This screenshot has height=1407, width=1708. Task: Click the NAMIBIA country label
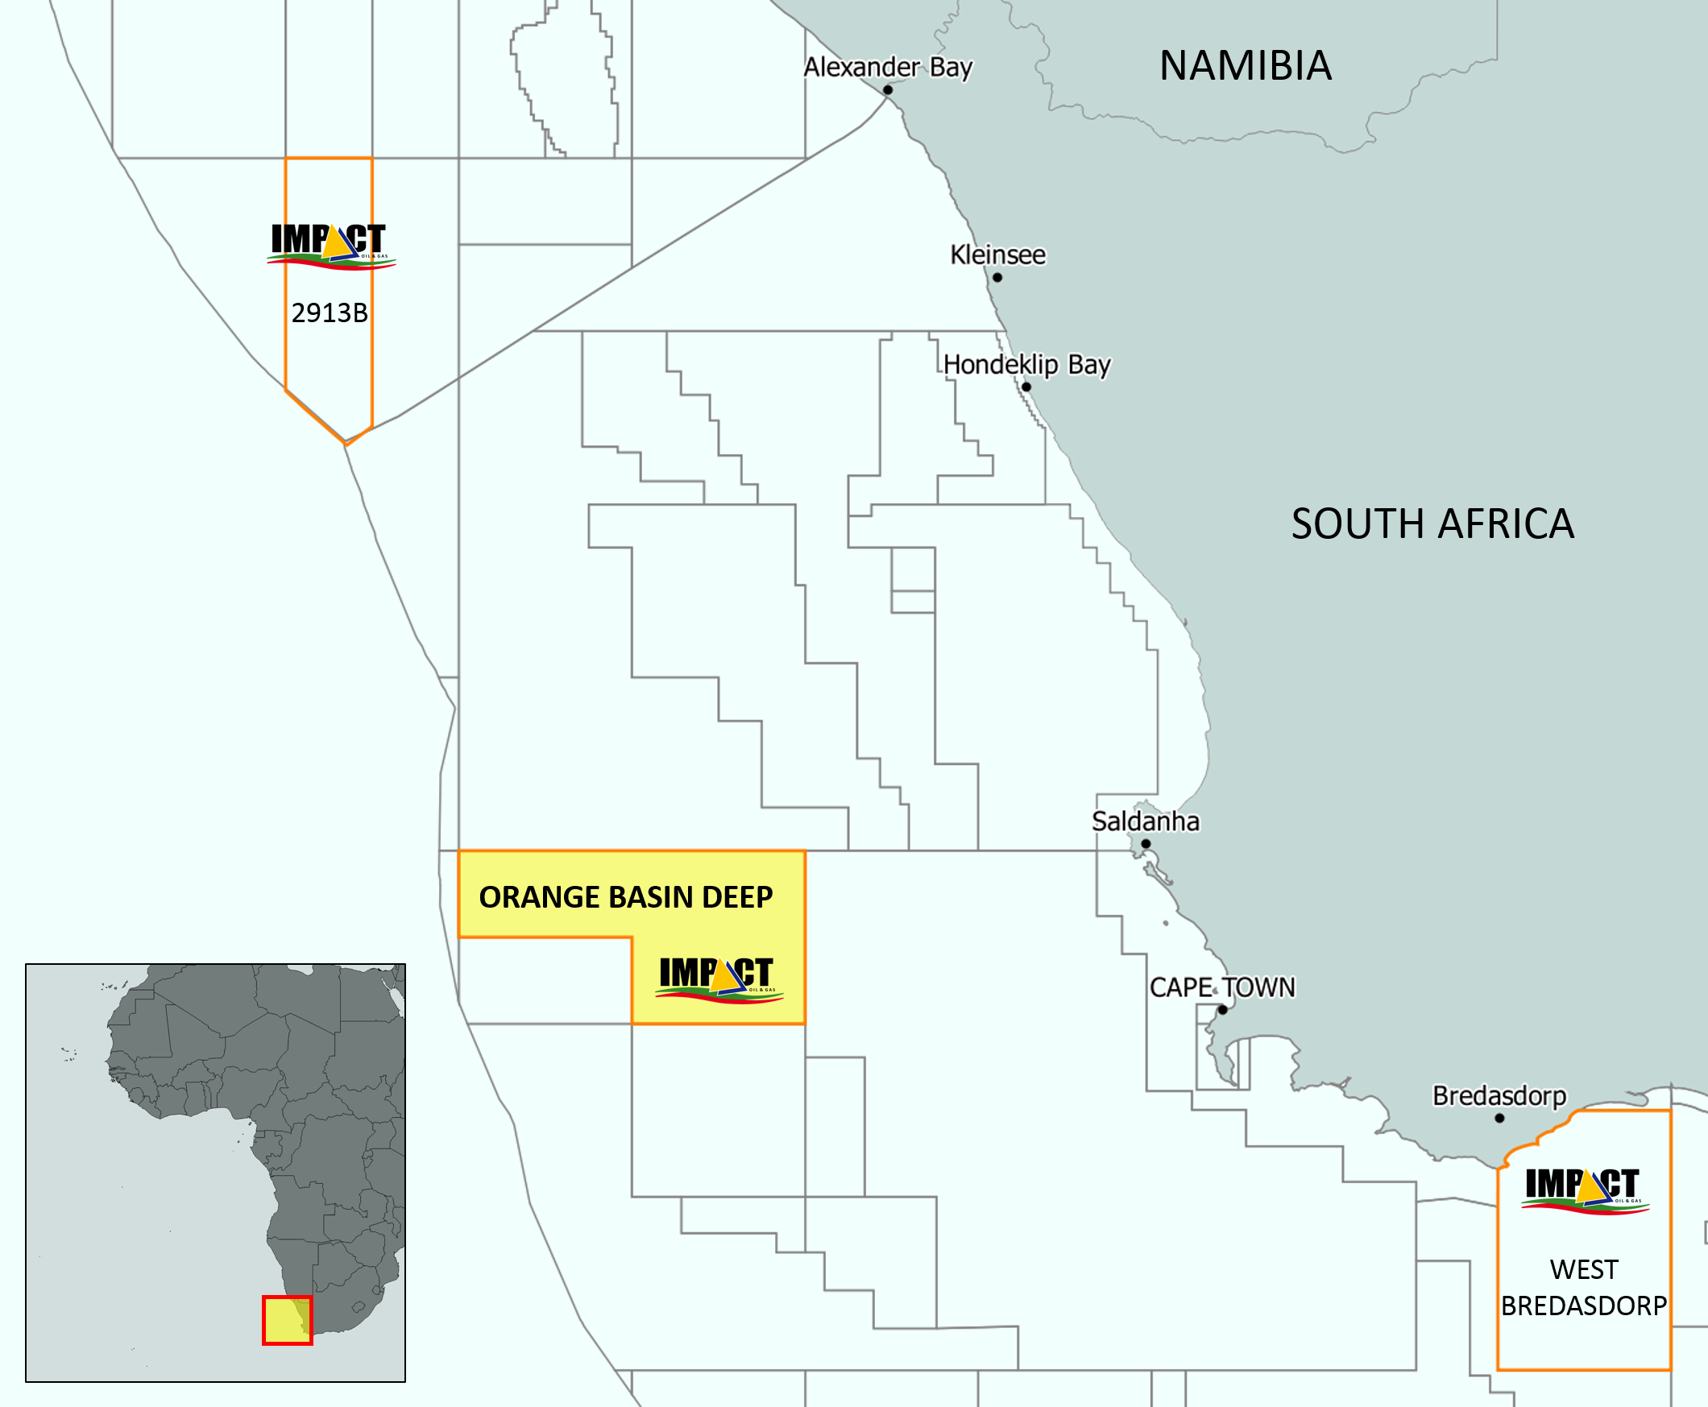pyautogui.click(x=1245, y=66)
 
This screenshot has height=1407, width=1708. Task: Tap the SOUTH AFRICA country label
pyautogui.click(x=1432, y=523)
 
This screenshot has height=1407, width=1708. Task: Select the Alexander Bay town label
pyautogui.click(x=888, y=68)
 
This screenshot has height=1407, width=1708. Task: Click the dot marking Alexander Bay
pyautogui.click(x=888, y=90)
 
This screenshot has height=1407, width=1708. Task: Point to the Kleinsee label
pyautogui.click(x=997, y=255)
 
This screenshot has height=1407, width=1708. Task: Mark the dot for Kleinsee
pyautogui.click(x=997, y=277)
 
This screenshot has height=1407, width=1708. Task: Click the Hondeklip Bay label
pyautogui.click(x=1026, y=365)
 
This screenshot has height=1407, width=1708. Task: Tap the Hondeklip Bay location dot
pyautogui.click(x=1026, y=387)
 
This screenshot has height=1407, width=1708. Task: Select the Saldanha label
pyautogui.click(x=1145, y=821)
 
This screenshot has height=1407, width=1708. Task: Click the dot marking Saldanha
pyautogui.click(x=1146, y=844)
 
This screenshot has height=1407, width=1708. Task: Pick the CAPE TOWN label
pyautogui.click(x=1221, y=987)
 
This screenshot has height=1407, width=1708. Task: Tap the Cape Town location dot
pyautogui.click(x=1222, y=1010)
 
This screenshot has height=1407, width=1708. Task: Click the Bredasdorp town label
pyautogui.click(x=1499, y=1096)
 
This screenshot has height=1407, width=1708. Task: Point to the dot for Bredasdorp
pyautogui.click(x=1499, y=1119)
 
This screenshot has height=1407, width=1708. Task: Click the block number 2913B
pyautogui.click(x=330, y=312)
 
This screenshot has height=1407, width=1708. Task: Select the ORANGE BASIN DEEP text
pyautogui.click(x=626, y=897)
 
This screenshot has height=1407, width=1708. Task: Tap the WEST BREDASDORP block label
pyautogui.click(x=1583, y=1288)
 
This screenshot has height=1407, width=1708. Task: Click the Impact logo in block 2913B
pyautogui.click(x=330, y=246)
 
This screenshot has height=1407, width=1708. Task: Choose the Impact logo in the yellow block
pyautogui.click(x=718, y=979)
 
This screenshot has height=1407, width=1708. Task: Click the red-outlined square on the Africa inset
pyautogui.click(x=287, y=1320)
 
